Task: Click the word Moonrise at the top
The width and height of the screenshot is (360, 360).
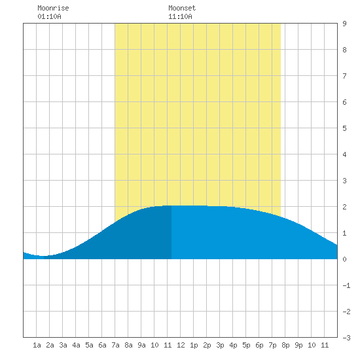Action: click(x=53, y=8)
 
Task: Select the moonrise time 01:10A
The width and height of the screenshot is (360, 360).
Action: click(x=49, y=16)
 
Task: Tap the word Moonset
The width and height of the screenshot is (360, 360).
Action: click(x=182, y=8)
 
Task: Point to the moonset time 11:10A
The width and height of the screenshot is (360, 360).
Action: click(x=180, y=16)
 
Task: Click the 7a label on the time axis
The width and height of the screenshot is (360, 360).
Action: click(x=115, y=345)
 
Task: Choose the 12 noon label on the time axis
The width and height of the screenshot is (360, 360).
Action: click(x=181, y=345)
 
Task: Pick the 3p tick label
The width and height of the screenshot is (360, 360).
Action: click(x=220, y=345)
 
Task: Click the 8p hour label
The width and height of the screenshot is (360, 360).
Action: click(x=285, y=345)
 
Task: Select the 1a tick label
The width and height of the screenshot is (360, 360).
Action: click(x=37, y=345)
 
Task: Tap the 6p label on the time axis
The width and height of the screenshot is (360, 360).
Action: click(x=259, y=345)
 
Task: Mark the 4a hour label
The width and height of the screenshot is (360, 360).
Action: click(x=76, y=345)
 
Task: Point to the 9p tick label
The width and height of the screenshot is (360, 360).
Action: click(x=298, y=345)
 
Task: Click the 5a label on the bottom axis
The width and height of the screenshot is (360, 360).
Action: click(x=89, y=345)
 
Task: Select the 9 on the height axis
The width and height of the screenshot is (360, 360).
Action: click(x=344, y=24)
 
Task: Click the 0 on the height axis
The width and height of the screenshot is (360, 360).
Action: click(x=344, y=259)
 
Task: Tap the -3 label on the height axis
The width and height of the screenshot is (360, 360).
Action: click(x=346, y=338)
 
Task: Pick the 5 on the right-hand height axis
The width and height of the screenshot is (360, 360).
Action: click(x=344, y=128)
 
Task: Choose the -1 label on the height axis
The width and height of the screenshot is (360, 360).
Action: click(x=346, y=285)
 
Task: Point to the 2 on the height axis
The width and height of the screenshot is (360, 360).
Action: click(x=344, y=207)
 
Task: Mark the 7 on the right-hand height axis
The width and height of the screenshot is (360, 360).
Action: click(x=344, y=76)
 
